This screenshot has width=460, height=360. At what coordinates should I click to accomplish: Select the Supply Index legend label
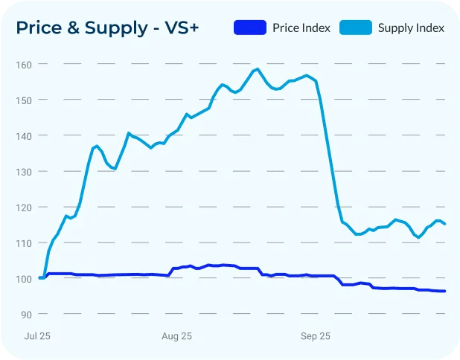(411, 28)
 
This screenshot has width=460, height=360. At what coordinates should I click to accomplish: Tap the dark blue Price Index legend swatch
(249, 28)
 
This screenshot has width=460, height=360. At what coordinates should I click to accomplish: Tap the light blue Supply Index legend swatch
(355, 28)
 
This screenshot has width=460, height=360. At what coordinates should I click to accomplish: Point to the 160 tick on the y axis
(25, 64)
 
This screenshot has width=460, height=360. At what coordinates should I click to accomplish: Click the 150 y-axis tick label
(25, 100)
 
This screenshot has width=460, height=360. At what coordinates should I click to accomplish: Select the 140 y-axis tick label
(25, 135)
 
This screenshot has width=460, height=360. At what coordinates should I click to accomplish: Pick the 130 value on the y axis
(25, 171)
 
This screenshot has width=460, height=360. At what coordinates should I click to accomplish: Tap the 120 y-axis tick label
(25, 207)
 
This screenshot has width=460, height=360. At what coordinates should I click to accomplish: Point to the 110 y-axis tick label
(25, 242)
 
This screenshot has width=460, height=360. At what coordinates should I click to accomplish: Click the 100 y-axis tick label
(25, 278)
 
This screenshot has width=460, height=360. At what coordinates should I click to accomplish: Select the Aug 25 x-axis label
(176, 336)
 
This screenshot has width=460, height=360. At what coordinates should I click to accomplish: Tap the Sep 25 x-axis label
(315, 336)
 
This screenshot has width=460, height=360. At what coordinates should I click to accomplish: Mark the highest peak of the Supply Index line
(257, 69)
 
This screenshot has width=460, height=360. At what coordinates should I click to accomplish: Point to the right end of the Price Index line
(445, 291)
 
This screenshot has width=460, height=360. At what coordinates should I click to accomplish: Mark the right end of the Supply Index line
(445, 224)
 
